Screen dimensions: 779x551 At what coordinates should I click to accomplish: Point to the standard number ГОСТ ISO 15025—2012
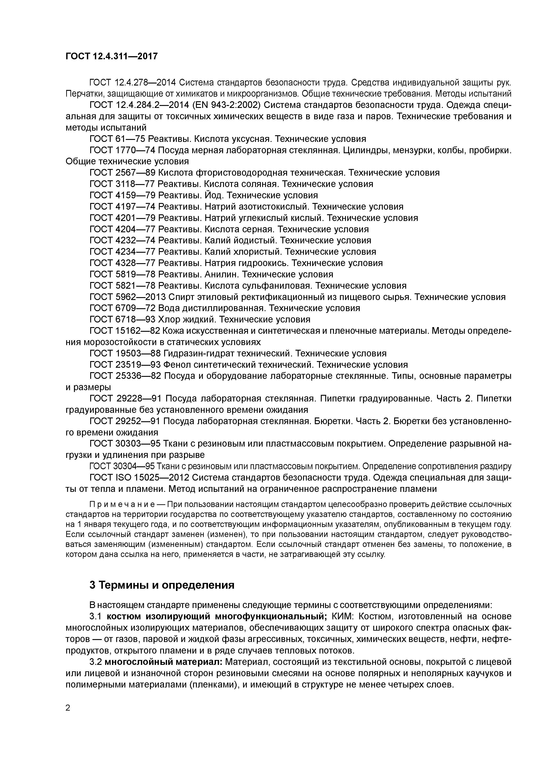click(x=139, y=478)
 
